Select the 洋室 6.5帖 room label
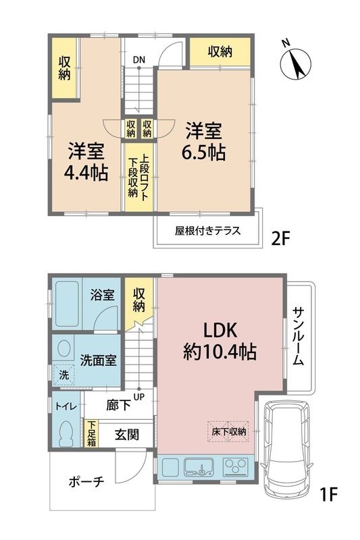(204, 141)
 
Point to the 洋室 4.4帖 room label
(86, 161)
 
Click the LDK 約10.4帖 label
(220, 342)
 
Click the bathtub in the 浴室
(67, 304)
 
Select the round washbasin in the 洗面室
(63, 348)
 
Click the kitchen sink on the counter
(199, 467)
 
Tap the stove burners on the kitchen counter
(236, 467)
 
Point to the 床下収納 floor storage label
(228, 431)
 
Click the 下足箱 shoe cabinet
(91, 433)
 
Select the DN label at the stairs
(139, 60)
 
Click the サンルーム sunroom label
(299, 336)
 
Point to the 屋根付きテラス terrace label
(207, 231)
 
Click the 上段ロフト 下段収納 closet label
(138, 176)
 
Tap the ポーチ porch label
(86, 481)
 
